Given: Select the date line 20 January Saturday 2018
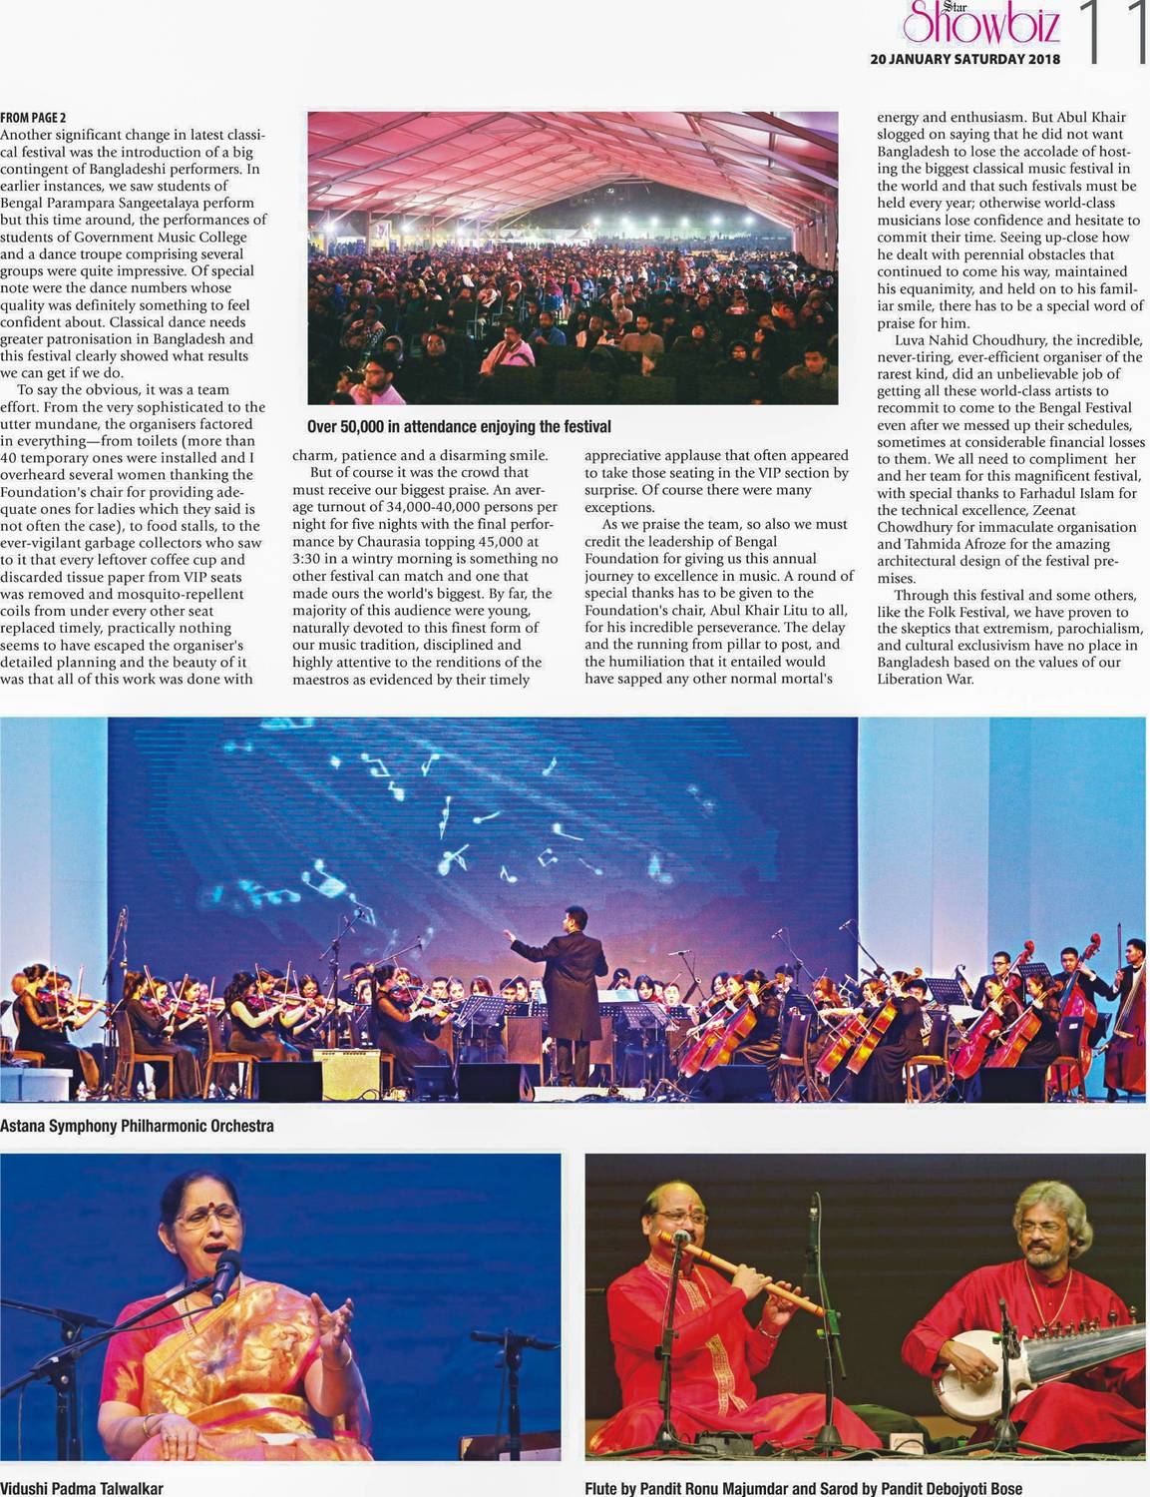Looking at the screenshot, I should tap(964, 59).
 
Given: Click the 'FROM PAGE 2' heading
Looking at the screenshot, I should tap(34, 117).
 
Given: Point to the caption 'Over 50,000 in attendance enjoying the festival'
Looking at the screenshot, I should tap(459, 427).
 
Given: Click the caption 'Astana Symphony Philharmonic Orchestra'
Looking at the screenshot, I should tap(137, 1126).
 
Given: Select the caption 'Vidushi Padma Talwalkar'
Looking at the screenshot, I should tap(82, 1488).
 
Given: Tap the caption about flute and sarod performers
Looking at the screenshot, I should tap(803, 1488).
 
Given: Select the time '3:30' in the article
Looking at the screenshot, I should tap(308, 559).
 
